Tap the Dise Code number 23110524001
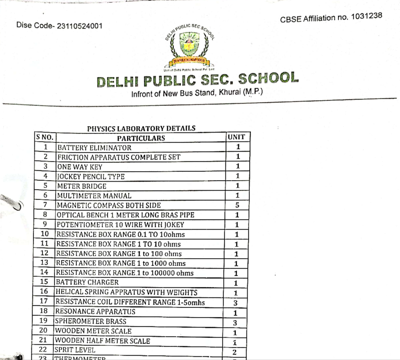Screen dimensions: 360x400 tap(78, 26)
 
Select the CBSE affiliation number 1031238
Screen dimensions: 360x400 tap(367, 17)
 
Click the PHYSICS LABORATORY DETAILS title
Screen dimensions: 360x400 tap(141, 128)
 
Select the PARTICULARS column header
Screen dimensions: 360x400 tap(141, 138)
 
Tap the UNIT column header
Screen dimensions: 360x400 tap(237, 137)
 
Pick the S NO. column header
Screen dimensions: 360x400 tap(45, 137)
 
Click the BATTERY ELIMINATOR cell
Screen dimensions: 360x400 tap(94, 148)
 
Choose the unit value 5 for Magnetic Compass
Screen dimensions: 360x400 tap(237, 205)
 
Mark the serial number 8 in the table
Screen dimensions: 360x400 tap(45, 215)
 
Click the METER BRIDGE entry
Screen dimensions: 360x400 tap(81, 186)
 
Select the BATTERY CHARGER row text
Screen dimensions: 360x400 tap(87, 282)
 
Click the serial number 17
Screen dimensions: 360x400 tap(44, 301)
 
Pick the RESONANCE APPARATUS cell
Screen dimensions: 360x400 tap(95, 311)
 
